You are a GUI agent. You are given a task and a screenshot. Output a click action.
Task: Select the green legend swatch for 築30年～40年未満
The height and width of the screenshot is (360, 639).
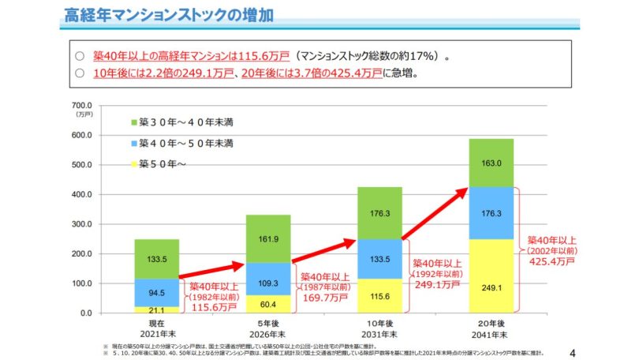133,122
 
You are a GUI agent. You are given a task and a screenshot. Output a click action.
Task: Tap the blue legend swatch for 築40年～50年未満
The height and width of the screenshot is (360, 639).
133,144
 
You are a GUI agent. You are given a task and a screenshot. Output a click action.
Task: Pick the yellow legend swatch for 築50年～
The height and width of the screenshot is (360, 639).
133,164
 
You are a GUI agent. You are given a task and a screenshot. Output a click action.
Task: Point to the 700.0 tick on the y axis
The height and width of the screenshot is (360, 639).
83,105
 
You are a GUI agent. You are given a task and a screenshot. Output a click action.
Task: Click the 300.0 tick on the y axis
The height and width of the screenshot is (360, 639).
83,224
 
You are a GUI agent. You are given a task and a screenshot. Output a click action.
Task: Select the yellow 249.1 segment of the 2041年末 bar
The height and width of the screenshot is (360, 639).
491,276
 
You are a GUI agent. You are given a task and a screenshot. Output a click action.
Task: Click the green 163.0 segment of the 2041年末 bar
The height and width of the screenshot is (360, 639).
491,163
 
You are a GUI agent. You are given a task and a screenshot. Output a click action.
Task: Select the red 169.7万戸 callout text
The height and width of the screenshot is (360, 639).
323,298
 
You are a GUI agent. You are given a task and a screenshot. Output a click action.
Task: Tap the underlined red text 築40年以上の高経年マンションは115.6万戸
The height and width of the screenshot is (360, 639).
189,57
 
